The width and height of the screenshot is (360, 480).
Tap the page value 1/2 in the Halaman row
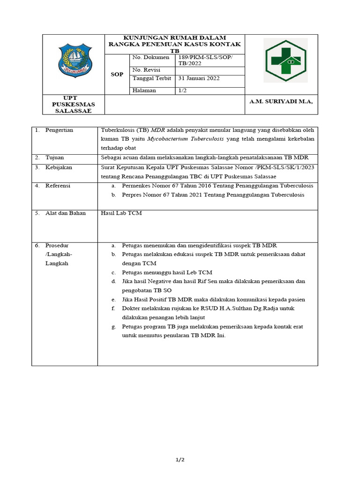182,90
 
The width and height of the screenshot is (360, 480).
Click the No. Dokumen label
150,57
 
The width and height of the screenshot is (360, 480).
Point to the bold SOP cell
117,74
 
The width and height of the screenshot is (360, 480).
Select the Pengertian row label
59,130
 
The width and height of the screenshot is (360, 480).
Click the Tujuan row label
55,157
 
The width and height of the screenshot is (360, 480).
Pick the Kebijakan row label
59,167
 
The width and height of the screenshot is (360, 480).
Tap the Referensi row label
58,186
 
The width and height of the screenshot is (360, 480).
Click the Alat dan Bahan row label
65,213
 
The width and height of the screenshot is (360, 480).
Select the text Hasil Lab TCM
121,213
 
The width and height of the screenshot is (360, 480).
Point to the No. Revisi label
147,69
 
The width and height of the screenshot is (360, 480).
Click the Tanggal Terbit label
152,78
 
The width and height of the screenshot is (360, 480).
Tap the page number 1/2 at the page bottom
180,460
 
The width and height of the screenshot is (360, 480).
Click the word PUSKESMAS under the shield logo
73,104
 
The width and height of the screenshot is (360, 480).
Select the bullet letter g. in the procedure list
113,326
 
